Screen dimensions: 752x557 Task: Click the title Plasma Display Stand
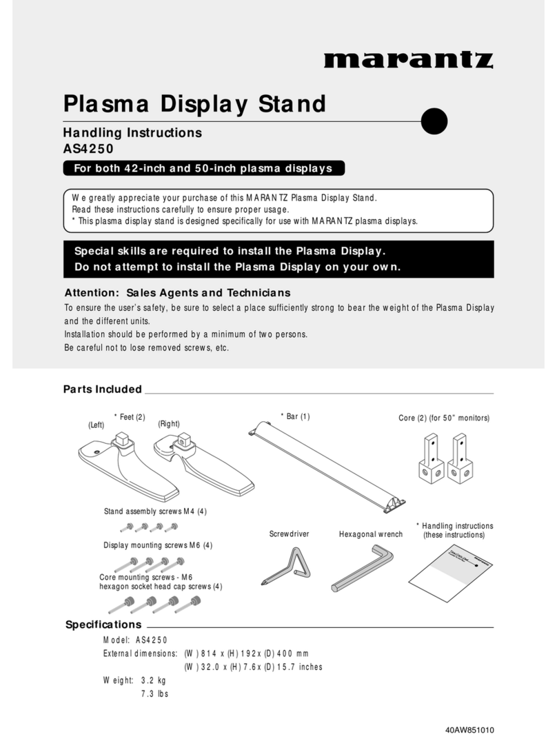[x=194, y=104]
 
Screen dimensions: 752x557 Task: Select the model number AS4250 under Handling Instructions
[x=89, y=148]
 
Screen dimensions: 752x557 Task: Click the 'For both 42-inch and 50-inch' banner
[x=203, y=168]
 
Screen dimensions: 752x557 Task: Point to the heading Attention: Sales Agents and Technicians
[x=177, y=292]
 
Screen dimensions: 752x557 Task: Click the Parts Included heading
[x=103, y=389]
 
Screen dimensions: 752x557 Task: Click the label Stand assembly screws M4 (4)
[x=155, y=511]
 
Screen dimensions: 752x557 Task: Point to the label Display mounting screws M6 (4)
[x=158, y=545]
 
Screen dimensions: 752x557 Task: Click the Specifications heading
[x=103, y=624]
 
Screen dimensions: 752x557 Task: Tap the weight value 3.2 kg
[x=154, y=680]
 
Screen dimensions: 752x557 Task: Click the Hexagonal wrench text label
[x=371, y=534]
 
